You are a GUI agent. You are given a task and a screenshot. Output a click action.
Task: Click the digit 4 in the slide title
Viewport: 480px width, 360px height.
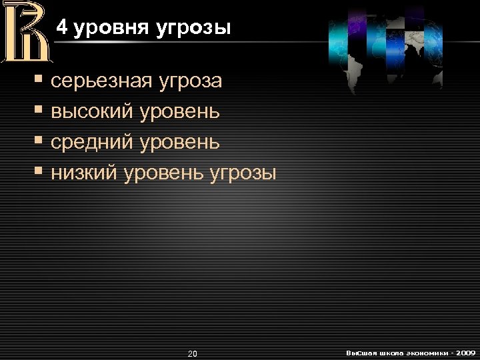click(61, 27)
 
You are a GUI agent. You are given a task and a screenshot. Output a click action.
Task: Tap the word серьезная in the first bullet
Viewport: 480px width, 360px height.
click(100, 82)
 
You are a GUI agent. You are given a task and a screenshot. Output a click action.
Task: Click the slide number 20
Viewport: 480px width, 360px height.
click(193, 353)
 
